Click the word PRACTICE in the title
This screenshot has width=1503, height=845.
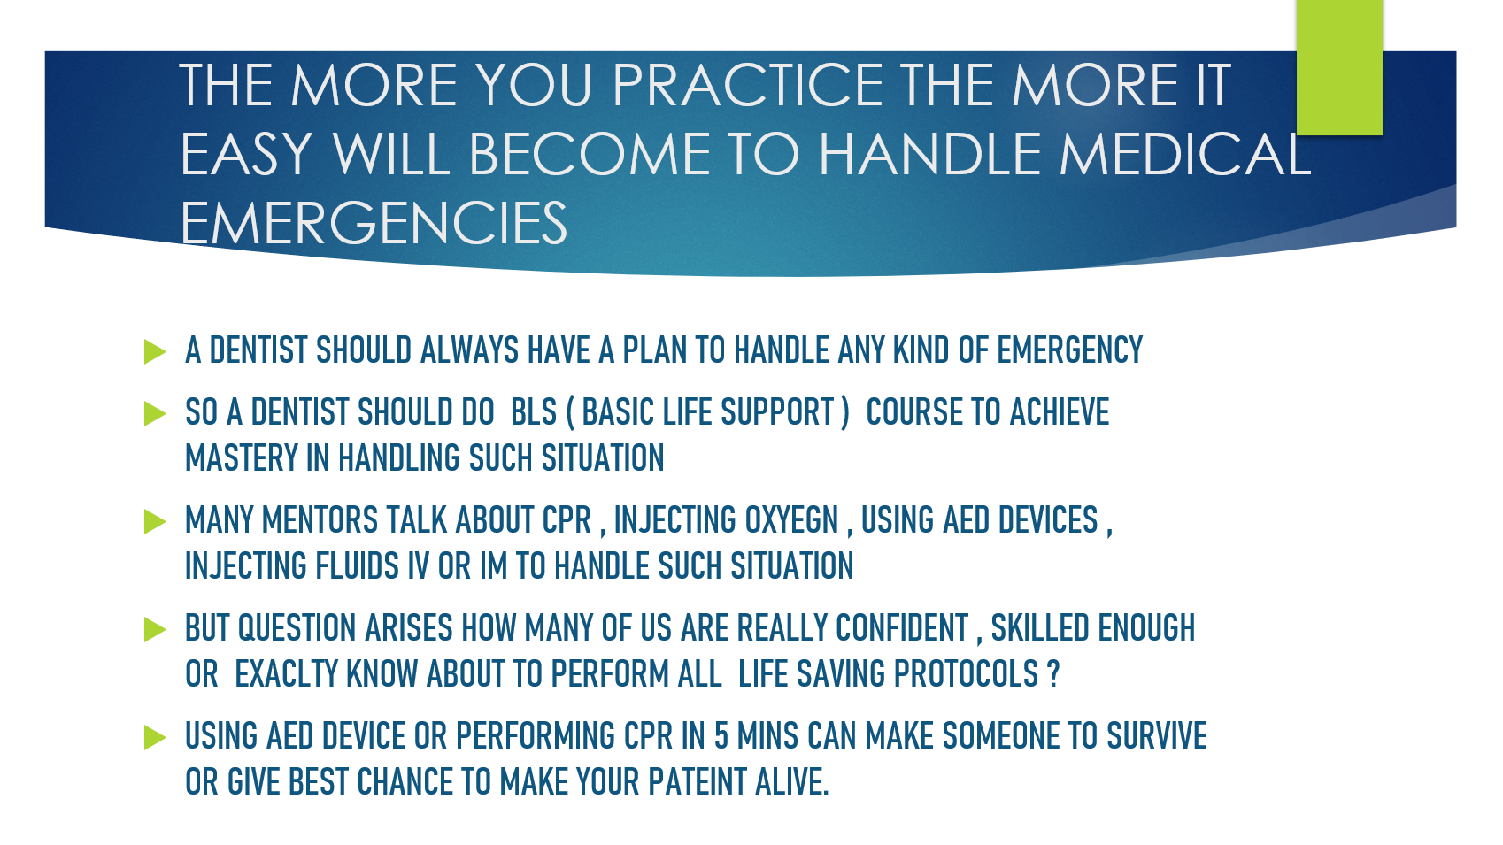747,85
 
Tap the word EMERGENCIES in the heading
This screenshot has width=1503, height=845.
374,223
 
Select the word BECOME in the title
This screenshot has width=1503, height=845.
590,154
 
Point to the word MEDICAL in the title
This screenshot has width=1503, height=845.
1185,154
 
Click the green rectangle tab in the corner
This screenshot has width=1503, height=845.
1339,67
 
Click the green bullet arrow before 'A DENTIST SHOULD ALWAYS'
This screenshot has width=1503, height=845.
155,351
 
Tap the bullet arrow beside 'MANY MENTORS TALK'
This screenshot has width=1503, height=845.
155,521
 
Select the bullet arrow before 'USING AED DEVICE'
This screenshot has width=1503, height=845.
155,737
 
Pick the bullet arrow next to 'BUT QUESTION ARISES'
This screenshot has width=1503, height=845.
155,629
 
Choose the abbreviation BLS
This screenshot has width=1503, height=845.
534,411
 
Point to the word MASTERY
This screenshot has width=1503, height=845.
241,458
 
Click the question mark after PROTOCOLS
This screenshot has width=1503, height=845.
1053,674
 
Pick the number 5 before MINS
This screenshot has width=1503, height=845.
721,735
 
